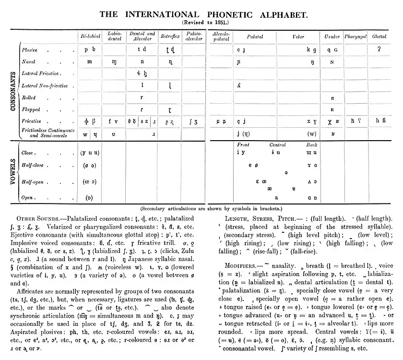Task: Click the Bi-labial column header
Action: coord(90,36)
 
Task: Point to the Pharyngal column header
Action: coord(356,36)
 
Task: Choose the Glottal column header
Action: coord(379,36)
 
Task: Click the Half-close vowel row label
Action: coord(33,165)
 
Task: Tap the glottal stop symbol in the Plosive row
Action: coord(379,49)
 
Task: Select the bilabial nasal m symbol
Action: coord(90,62)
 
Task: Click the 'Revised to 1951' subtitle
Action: coord(202,23)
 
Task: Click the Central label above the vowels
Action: coord(278,144)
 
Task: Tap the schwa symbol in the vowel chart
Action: coord(286,171)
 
